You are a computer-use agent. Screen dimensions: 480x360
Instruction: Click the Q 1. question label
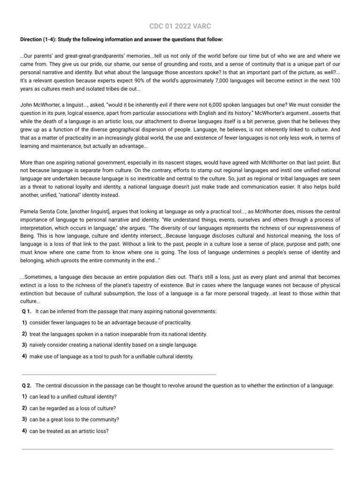pyautogui.click(x=27, y=312)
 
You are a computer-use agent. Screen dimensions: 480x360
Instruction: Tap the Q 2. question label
pyautogui.click(x=27, y=385)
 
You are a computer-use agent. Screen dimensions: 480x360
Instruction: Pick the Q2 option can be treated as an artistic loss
pyautogui.click(x=69, y=431)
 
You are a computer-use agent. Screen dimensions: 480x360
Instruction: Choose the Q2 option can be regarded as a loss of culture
pyautogui.click(x=73, y=408)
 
